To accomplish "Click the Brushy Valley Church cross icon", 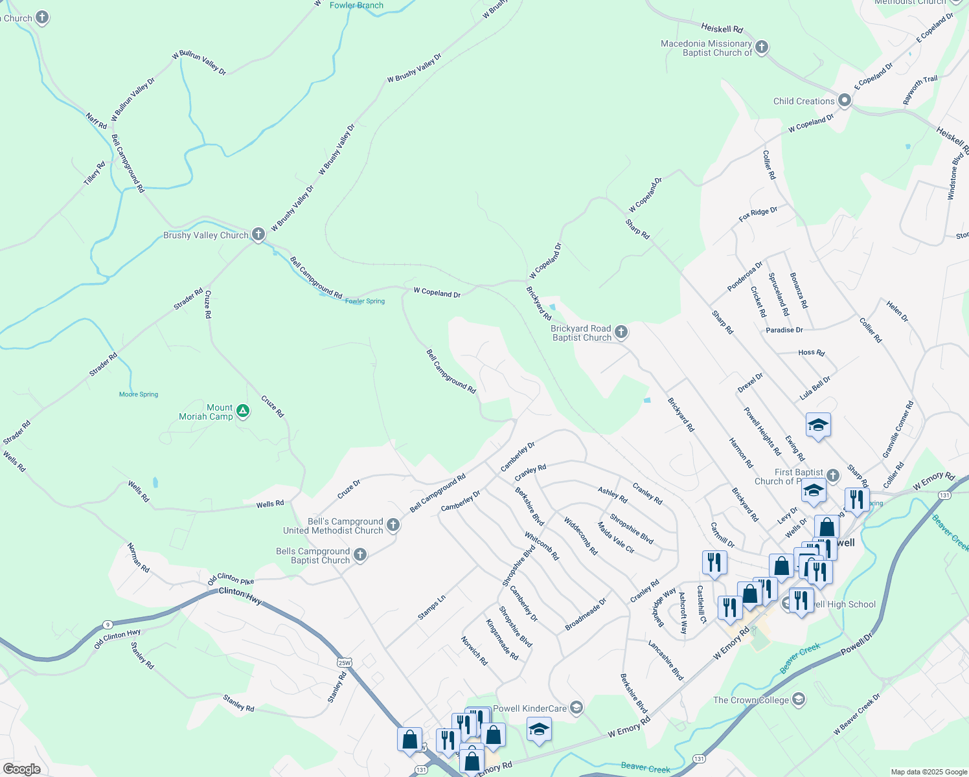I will coord(258,234).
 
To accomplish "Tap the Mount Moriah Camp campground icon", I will coord(243,411).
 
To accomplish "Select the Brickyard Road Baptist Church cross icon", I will coord(621,333).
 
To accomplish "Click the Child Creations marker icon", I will coord(844,100).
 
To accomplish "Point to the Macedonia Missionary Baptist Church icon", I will coord(762,47).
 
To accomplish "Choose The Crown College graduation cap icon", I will coord(799,699).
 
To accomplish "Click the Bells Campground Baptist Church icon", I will coord(361,555).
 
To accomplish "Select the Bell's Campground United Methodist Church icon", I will coord(393,525).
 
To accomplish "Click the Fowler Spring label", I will coord(365,301).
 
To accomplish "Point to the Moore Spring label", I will coord(139,394).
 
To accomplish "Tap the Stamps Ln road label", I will coord(431,607).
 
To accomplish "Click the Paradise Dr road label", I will coord(784,330).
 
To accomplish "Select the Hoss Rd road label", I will coord(812,353).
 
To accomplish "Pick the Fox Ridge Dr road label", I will coord(758,215).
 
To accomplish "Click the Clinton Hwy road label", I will coord(240,596).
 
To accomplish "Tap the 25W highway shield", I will coord(344,662).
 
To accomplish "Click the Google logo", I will coord(21,769).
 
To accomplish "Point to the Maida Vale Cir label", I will coord(615,538).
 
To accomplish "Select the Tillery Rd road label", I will coord(95,174).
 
